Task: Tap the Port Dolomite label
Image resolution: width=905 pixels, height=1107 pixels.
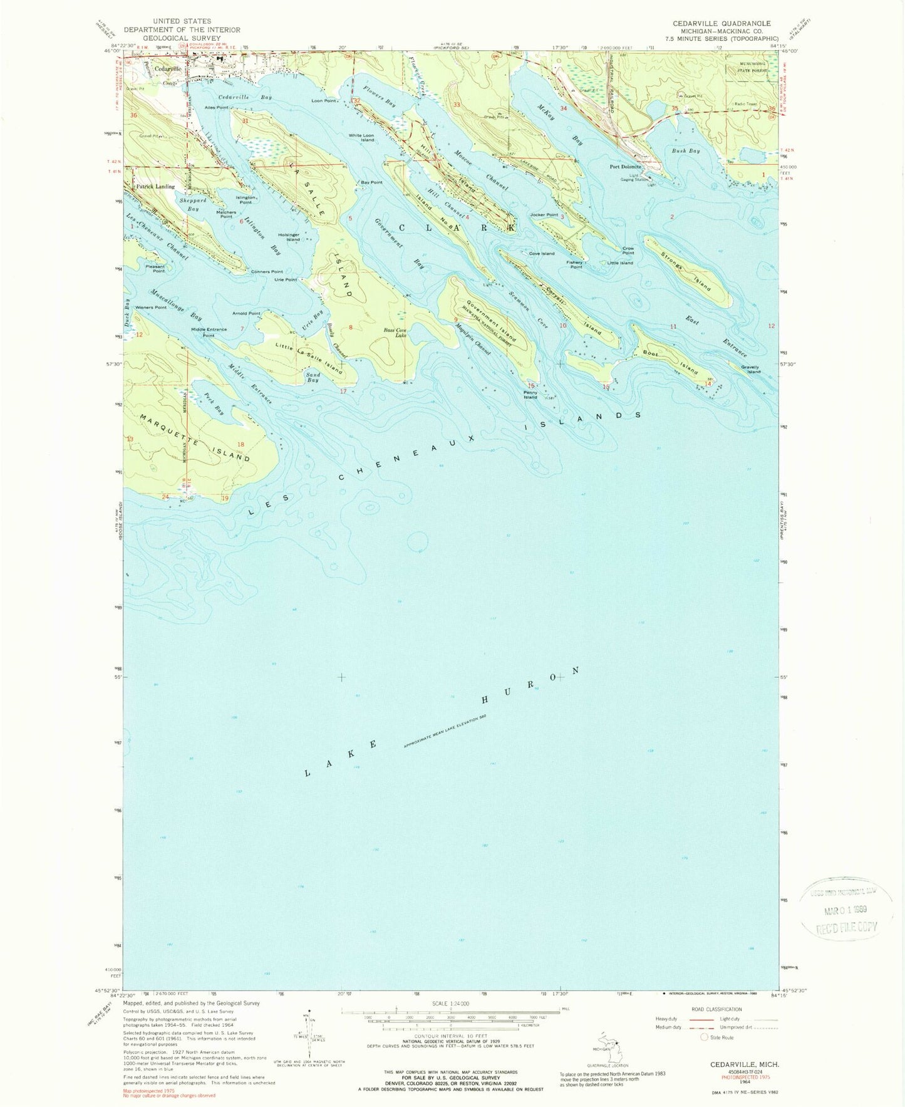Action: (626, 167)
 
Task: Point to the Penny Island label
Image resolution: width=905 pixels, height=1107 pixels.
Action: (530, 395)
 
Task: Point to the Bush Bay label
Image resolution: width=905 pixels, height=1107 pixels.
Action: (685, 151)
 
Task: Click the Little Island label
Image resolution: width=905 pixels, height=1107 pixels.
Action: (620, 263)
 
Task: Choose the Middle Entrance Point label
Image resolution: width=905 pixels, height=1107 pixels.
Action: (209, 333)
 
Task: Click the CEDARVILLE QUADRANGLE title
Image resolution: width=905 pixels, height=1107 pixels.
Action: (713, 23)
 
